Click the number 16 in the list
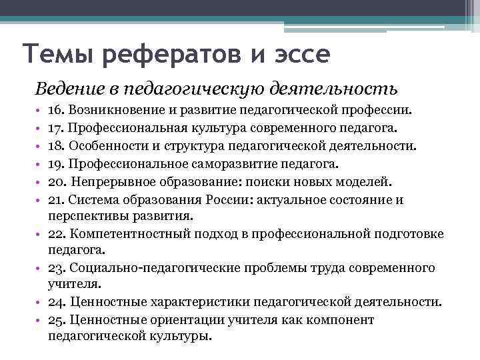coord(55,108)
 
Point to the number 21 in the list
coord(55,198)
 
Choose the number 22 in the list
coord(56,234)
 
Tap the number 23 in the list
coord(56,268)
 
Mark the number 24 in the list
coord(56,302)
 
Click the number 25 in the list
coord(56,320)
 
